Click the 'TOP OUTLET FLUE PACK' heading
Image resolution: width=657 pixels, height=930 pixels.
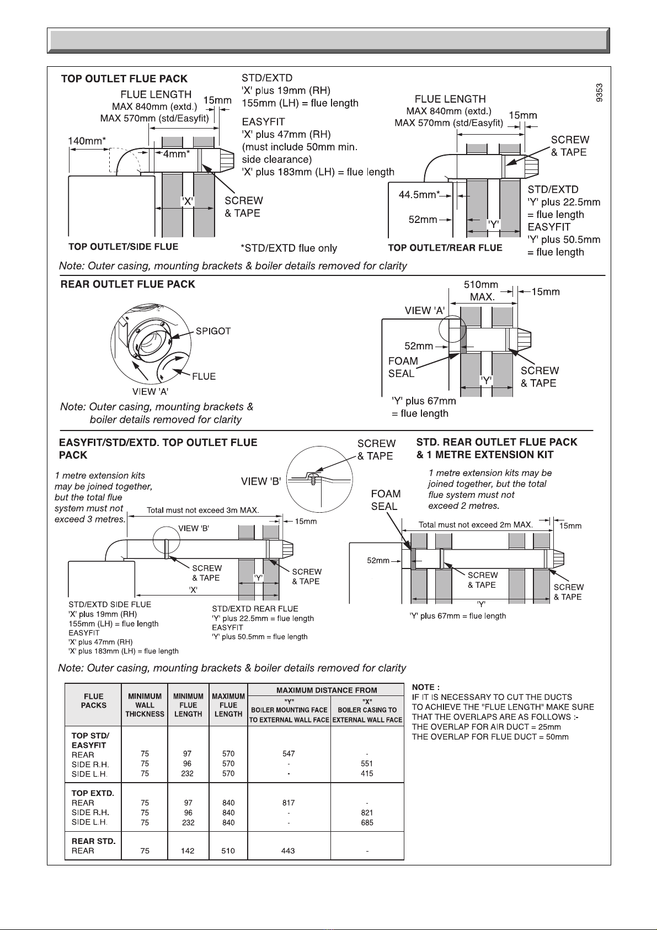point(124,79)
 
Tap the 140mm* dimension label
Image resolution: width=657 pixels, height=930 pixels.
point(87,141)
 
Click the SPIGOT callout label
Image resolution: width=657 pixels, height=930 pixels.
point(213,331)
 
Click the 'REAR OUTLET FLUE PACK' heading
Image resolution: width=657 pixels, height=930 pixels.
point(127,284)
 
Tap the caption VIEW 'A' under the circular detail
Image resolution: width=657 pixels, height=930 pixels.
point(151,392)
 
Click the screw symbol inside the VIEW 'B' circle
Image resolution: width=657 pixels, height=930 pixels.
point(314,478)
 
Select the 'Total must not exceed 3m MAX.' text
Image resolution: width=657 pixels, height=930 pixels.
point(202,510)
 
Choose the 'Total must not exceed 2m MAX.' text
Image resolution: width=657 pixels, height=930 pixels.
point(476,525)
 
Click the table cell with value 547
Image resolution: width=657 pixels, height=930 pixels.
point(289,753)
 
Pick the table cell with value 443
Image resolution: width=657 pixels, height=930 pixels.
point(288,851)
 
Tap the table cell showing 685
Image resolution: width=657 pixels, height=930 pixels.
point(367,822)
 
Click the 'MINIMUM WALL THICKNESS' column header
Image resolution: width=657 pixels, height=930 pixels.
point(145,705)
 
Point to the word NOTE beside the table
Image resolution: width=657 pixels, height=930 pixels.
point(425,687)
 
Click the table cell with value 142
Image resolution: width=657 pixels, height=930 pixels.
point(188,851)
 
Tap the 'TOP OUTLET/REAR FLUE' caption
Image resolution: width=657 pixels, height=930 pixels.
point(445,248)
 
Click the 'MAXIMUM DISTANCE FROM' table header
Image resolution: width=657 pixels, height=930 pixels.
point(327,690)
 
